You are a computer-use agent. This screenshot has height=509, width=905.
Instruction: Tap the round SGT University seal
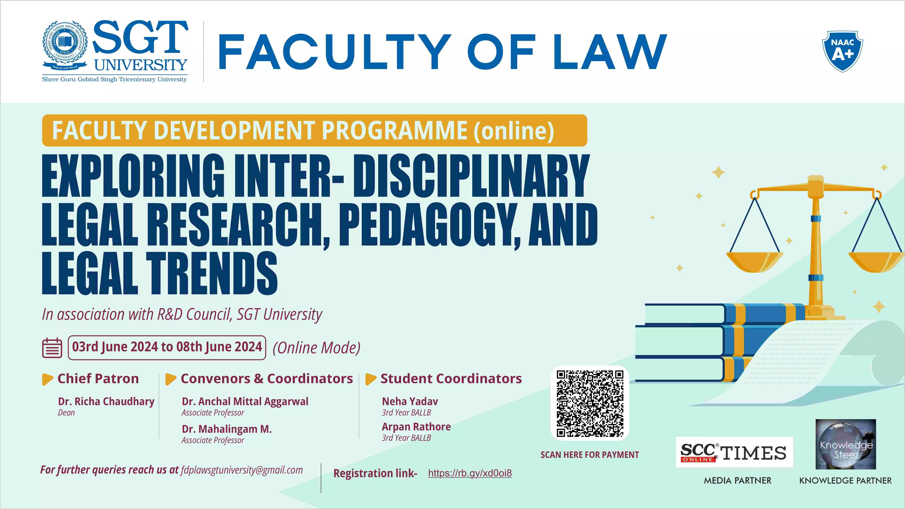65,44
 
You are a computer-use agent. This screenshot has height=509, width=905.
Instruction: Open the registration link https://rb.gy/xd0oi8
470,473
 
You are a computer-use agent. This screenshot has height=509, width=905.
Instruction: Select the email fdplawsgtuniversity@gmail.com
242,470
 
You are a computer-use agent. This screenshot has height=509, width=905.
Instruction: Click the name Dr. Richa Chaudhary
106,401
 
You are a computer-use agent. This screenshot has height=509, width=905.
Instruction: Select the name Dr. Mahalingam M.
227,429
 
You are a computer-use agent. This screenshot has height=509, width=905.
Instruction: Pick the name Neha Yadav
410,401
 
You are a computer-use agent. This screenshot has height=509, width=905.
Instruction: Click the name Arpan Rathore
416,427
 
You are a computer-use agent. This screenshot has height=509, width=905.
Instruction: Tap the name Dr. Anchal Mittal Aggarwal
245,401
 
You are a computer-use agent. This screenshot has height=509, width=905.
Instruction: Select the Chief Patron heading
98,378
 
